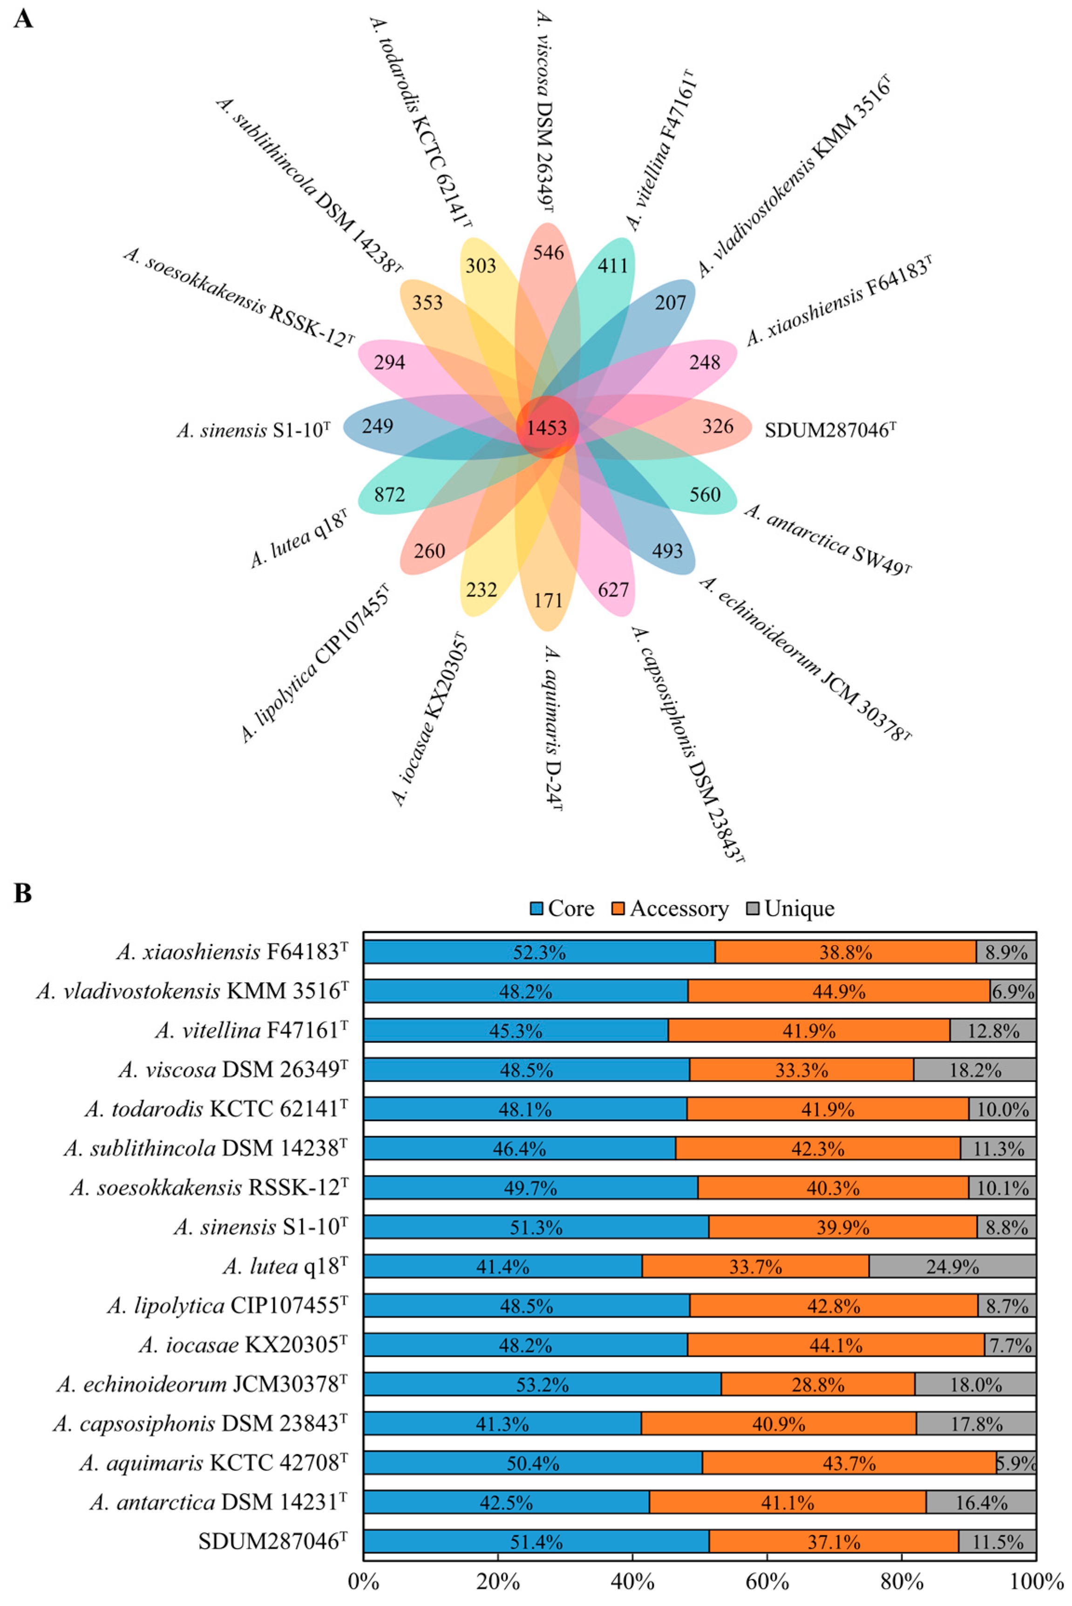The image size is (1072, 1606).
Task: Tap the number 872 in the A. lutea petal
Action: [x=390, y=494]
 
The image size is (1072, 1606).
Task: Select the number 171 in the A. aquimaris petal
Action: [x=548, y=600]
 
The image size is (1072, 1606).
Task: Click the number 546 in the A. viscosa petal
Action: [x=548, y=253]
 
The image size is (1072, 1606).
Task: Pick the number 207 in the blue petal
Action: [x=670, y=302]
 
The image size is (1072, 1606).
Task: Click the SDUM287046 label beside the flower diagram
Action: [x=830, y=430]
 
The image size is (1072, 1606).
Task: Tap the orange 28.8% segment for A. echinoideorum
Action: [x=818, y=1384]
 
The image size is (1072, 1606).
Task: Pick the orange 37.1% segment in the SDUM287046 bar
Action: [x=834, y=1542]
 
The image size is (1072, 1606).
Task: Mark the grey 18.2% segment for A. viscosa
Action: [x=975, y=1070]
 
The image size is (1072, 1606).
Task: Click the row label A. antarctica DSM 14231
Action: [x=218, y=1502]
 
